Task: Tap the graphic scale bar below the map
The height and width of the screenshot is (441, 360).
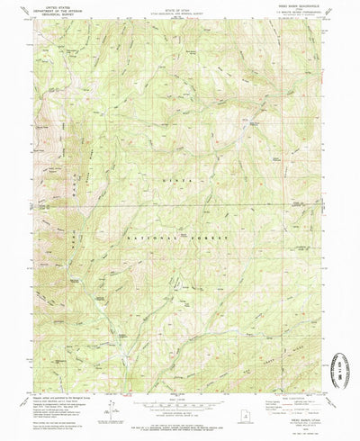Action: (x=179, y=397)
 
